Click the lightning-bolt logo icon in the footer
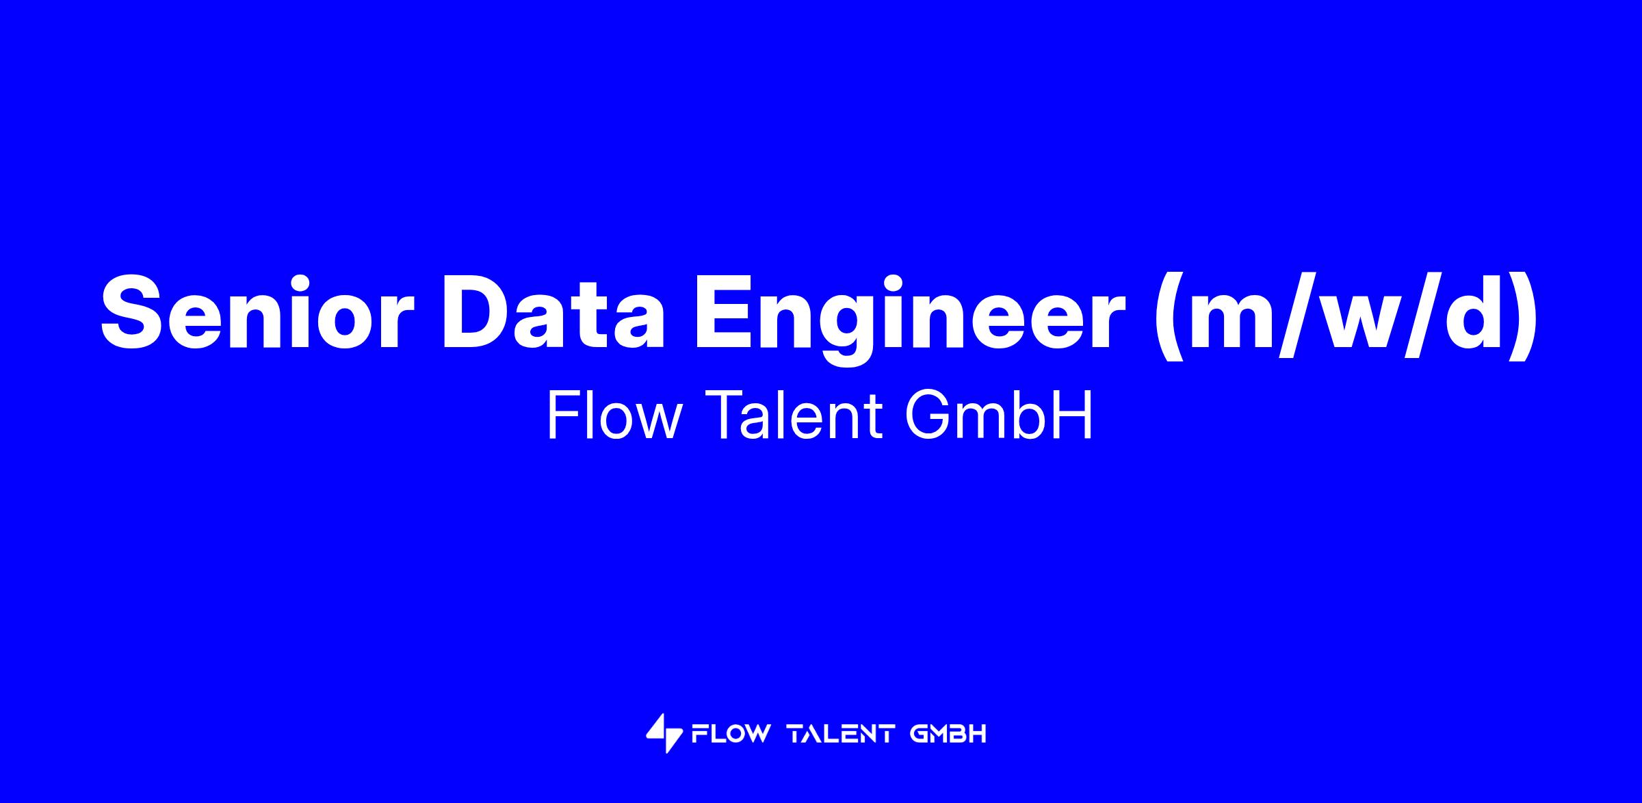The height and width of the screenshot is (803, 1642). coord(664,734)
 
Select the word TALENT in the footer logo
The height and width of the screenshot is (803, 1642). coord(841,735)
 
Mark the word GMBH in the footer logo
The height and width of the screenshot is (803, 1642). coord(948,735)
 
